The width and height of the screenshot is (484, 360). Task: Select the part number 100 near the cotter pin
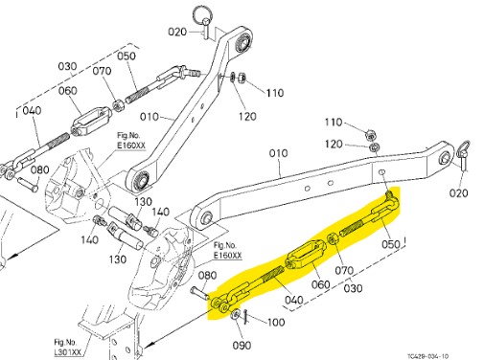(276, 323)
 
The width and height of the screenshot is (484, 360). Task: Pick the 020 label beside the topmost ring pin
(178, 31)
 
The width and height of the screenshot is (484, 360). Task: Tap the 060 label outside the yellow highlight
(68, 91)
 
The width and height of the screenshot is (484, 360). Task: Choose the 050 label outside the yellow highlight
(127, 56)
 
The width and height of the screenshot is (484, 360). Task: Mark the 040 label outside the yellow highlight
(32, 111)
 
